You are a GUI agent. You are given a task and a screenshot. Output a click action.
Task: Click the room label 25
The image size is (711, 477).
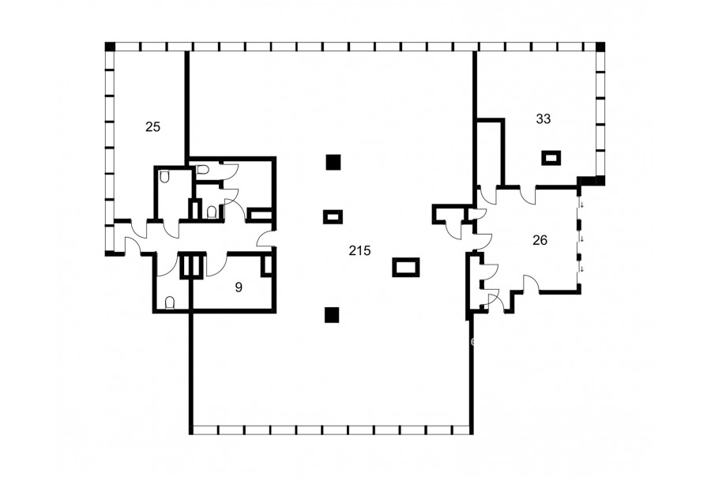(152, 127)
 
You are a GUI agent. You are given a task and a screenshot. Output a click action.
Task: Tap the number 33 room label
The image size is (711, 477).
(544, 118)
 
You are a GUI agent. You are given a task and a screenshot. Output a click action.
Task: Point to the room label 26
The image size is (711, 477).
(540, 240)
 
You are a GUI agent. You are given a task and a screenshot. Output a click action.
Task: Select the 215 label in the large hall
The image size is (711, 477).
(359, 250)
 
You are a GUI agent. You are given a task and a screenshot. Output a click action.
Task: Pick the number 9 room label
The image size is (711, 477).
(239, 287)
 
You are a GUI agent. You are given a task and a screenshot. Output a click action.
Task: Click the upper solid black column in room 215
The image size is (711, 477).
(333, 163)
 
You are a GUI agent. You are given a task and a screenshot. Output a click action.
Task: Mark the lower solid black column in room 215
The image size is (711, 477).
(332, 314)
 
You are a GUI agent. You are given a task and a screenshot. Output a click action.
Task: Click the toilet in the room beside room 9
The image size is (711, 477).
(170, 302)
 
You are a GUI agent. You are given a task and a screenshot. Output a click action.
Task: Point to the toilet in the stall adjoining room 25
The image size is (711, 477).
(164, 177)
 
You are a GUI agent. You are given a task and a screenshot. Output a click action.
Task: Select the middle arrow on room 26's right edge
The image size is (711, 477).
(582, 238)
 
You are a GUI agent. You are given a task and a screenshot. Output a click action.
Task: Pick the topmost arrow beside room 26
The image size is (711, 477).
(582, 205)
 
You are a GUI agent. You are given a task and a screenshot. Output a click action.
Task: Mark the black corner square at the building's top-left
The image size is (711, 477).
(110, 47)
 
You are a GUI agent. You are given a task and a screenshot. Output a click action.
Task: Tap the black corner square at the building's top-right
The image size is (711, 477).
(600, 47)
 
